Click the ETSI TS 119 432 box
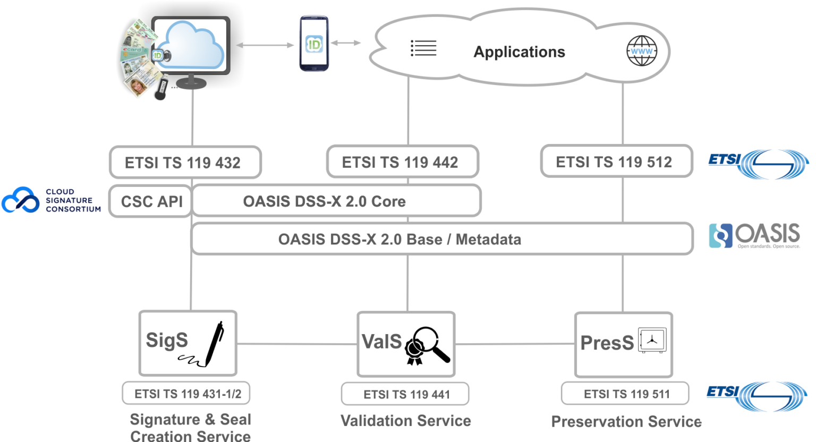[x=185, y=163]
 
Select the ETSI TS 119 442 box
[x=402, y=162]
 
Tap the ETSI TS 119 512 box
[x=616, y=161]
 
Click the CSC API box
[x=151, y=201]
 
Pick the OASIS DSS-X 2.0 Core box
[x=336, y=201]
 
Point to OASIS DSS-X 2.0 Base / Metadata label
[x=399, y=240]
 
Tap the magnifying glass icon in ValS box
[x=429, y=344]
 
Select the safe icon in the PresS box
[x=652, y=340]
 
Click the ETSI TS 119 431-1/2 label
[x=187, y=394]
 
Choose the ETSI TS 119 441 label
[x=406, y=394]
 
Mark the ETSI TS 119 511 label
[x=626, y=394]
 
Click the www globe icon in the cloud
[x=641, y=51]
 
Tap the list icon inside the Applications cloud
[x=423, y=48]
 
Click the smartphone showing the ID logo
[x=314, y=44]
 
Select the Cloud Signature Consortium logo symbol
[x=21, y=200]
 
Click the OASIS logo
[x=755, y=235]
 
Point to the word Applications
[x=519, y=52]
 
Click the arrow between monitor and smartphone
[x=265, y=46]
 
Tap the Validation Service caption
[x=405, y=421]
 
